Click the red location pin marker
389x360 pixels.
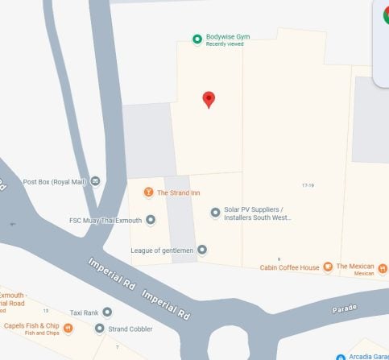click(x=209, y=99)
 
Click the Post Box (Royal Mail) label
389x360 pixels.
click(x=56, y=181)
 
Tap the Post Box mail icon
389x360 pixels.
click(x=96, y=180)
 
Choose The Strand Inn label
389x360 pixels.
click(x=180, y=192)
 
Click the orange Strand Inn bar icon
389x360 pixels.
click(x=148, y=192)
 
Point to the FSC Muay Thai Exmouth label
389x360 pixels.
click(x=105, y=220)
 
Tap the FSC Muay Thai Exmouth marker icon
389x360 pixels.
click(x=150, y=220)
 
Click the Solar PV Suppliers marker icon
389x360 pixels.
click(x=215, y=213)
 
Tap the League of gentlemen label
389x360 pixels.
click(x=162, y=250)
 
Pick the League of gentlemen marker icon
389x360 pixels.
click(x=202, y=250)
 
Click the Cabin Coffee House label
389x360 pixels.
click(x=289, y=267)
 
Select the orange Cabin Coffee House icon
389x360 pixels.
click(x=328, y=267)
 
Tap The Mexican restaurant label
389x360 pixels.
click(x=355, y=267)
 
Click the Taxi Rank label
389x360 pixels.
click(x=84, y=312)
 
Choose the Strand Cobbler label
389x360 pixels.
click(x=128, y=328)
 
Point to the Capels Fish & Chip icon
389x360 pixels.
click(x=68, y=327)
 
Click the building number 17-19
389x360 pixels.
click(x=307, y=185)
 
